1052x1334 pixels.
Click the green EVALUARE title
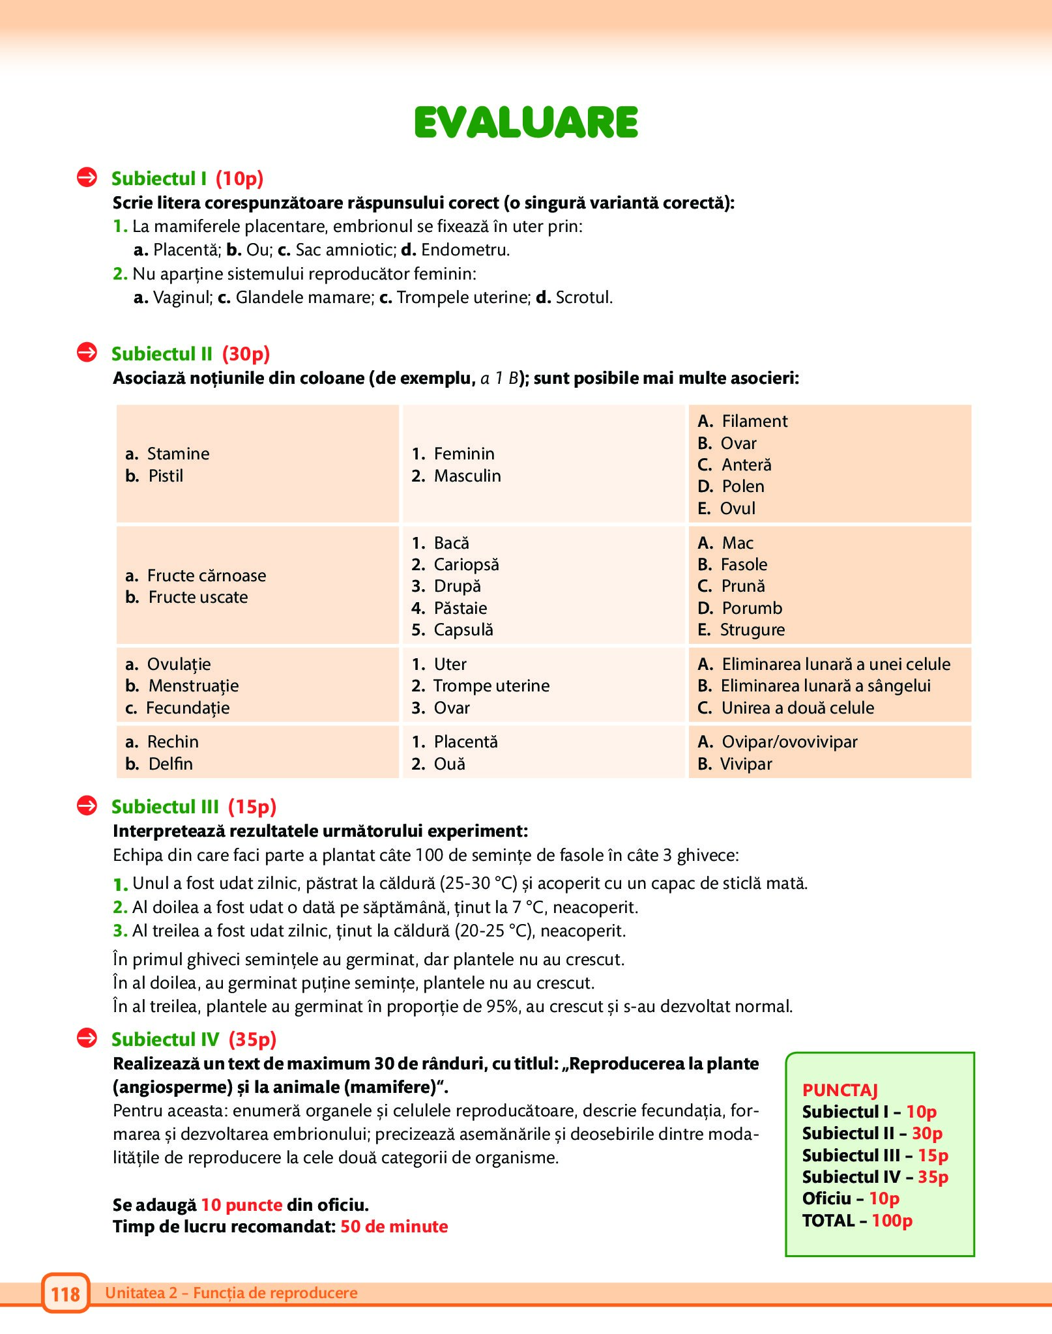pyautogui.click(x=526, y=123)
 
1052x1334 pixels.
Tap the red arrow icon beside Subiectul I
pyautogui.click(x=87, y=177)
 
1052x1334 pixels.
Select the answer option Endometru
pyautogui.click(x=465, y=250)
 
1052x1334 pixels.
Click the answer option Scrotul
pyautogui.click(x=583, y=297)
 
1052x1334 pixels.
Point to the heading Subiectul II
pyautogui.click(x=162, y=354)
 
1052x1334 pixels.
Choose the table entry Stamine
pyautogui.click(x=178, y=454)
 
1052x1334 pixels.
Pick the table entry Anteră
pyautogui.click(x=746, y=465)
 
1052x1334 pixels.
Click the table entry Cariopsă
pyautogui.click(x=466, y=564)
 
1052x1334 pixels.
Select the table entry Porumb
pyautogui.click(x=752, y=608)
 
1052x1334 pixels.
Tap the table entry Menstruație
pyautogui.click(x=193, y=686)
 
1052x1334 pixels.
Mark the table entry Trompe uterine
pyautogui.click(x=491, y=686)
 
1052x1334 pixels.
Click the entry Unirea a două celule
pyautogui.click(x=797, y=708)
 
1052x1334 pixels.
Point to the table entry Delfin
pyautogui.click(x=170, y=764)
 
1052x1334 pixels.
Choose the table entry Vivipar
pyautogui.click(x=746, y=764)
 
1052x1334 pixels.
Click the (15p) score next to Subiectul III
pyautogui.click(x=252, y=807)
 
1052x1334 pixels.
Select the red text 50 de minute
pyautogui.click(x=394, y=1226)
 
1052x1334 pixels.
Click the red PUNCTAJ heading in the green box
pyautogui.click(x=840, y=1090)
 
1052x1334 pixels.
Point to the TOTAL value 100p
pyautogui.click(x=892, y=1221)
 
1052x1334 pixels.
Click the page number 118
pyautogui.click(x=65, y=1294)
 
